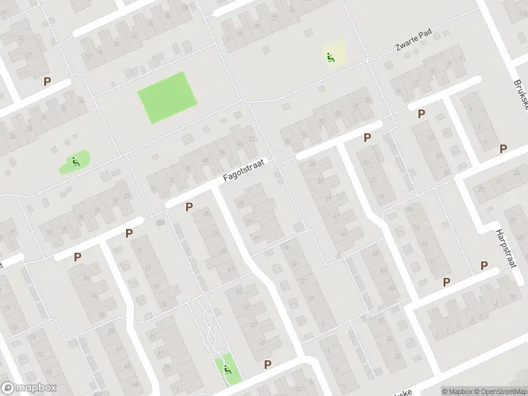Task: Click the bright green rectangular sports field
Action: pos(168,97)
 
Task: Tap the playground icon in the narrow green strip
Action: pos(227,369)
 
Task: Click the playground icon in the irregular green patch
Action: pos(75,160)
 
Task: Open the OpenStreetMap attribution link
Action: pos(498,391)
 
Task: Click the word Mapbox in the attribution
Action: pos(457,391)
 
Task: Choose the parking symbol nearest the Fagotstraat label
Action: pos(189,207)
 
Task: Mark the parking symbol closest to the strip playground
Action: pos(268,364)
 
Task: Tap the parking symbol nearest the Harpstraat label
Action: pos(484,265)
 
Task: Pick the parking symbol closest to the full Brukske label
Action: pos(504,148)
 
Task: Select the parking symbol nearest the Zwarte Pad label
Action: pos(421,114)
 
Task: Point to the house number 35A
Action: pos(161,222)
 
